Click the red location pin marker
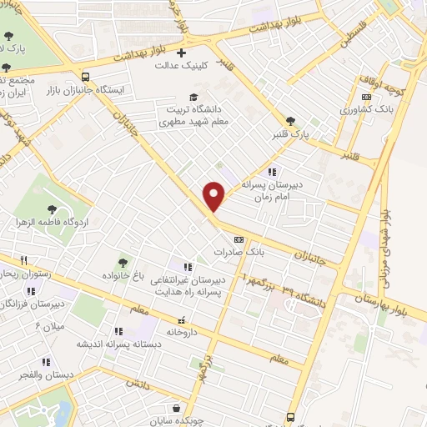214,194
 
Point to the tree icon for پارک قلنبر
290,121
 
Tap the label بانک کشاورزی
367,108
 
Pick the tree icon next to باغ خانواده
124,264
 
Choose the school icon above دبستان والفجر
46,362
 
